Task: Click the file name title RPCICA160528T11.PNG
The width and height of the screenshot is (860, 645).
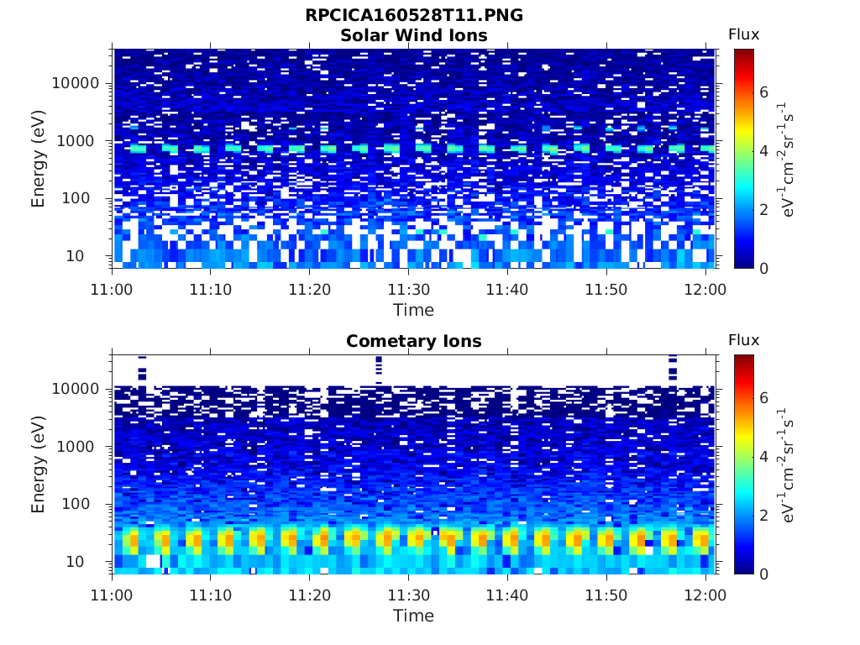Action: [x=414, y=15]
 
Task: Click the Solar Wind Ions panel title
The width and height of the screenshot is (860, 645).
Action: [x=414, y=35]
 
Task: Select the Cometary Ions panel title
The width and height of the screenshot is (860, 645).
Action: [x=414, y=341]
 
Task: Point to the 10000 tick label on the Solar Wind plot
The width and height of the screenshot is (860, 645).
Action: [x=76, y=83]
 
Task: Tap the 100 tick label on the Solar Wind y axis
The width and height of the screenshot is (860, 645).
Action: [x=76, y=198]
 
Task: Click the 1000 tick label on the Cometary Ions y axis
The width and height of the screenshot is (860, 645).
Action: [x=76, y=447]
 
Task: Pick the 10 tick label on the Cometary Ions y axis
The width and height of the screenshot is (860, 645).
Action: [x=75, y=562]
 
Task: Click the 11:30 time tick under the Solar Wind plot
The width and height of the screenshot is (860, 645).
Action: [x=409, y=289]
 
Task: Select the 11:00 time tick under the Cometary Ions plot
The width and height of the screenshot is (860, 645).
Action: [x=112, y=595]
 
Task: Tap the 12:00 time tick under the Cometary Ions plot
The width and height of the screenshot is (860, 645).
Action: [x=705, y=595]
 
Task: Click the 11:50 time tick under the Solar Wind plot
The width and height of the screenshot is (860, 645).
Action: [x=606, y=289]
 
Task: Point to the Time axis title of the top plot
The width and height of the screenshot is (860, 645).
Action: [x=413, y=310]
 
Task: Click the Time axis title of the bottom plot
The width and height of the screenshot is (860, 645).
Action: [x=413, y=616]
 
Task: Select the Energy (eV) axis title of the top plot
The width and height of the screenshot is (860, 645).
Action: [x=38, y=159]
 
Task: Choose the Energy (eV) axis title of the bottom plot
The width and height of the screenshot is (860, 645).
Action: [x=38, y=464]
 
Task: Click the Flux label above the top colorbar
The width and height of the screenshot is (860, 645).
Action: [x=744, y=34]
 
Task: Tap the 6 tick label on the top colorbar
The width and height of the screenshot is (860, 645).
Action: [x=764, y=92]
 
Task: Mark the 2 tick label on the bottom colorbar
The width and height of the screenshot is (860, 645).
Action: [x=764, y=516]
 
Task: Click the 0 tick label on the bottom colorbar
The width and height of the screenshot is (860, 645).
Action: [x=764, y=574]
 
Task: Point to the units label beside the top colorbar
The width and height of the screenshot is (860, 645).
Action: [x=786, y=159]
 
